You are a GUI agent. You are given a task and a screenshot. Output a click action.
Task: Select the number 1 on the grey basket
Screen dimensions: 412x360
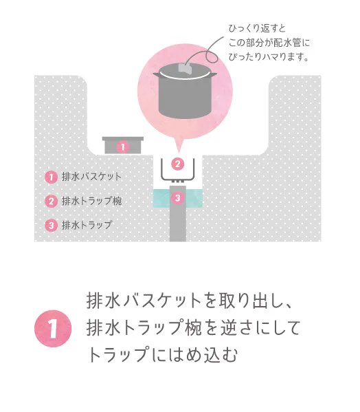pos(122,147)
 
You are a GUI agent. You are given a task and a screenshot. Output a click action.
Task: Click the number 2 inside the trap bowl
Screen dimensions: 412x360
pos(177,164)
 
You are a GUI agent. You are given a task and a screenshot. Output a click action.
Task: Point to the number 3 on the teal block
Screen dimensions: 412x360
pos(177,198)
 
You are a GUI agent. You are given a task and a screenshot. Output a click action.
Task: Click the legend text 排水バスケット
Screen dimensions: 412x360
pos(91,177)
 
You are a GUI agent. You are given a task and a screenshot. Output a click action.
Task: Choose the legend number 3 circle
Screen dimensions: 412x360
pos(50,226)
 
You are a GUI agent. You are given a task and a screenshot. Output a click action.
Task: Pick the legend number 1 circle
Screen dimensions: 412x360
pos(50,177)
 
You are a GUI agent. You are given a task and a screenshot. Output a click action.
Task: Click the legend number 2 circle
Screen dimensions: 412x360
pos(50,202)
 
